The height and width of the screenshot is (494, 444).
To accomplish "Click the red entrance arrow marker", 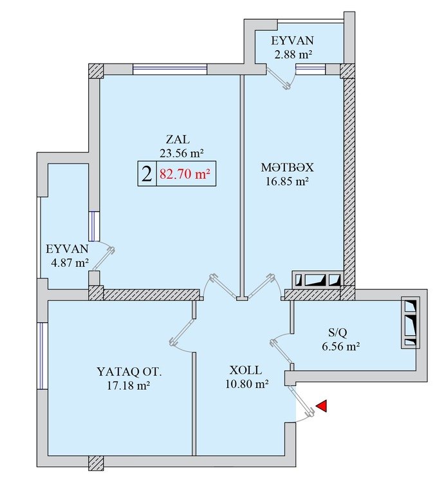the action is tap(322, 406).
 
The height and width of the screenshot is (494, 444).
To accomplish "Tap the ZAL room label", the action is tap(178, 139).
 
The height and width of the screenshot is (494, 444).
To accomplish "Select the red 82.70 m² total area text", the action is tap(185, 174).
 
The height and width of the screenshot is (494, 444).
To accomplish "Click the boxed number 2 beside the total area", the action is tap(147, 174).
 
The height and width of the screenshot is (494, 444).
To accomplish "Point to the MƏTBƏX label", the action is tap(287, 167).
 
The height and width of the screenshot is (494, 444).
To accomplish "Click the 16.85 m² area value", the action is tap(287, 181).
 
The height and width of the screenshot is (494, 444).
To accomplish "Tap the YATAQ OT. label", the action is tap(129, 372).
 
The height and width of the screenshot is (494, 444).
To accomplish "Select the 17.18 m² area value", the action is tap(128, 386).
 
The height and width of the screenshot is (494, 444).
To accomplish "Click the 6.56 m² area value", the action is tap(341, 347).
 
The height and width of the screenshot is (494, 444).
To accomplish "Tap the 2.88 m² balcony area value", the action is tap(293, 55).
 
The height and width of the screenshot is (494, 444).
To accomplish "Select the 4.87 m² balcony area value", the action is tap(69, 262).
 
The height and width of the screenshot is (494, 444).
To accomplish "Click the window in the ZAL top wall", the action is tap(170, 69).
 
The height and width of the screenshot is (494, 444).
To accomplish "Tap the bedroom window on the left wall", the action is tap(42, 356).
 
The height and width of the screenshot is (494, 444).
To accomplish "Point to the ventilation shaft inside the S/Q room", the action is tap(411, 323).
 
